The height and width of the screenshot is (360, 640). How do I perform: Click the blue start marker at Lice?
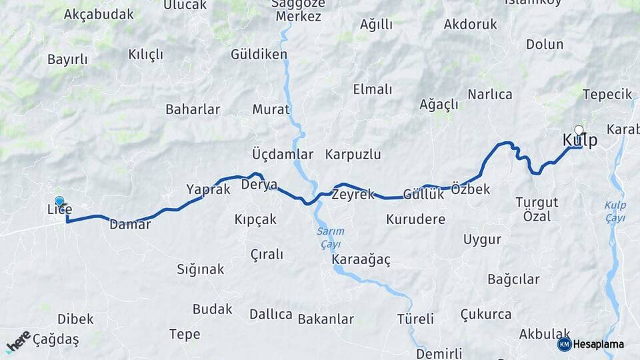point(59,201)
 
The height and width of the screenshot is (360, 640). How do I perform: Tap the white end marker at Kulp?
point(579,131)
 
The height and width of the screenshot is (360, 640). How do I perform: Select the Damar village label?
point(130,225)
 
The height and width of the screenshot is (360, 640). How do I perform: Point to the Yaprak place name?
point(208,189)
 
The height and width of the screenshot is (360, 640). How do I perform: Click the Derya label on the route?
point(259,184)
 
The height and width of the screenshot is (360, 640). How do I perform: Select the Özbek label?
point(470,189)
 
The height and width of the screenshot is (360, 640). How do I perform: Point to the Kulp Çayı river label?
point(615,211)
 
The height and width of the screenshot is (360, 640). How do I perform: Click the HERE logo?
point(18,341)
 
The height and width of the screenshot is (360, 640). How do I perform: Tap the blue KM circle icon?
point(564,344)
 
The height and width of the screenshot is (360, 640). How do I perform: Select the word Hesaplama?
point(599,344)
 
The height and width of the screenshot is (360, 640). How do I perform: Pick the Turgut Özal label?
point(533,209)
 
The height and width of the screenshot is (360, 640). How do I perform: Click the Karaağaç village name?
point(361,259)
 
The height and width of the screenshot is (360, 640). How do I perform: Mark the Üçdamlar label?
point(283,155)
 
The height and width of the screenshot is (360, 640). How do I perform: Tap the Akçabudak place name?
point(99,15)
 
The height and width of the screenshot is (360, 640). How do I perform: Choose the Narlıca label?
point(489,95)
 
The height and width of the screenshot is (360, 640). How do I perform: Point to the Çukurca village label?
point(486,314)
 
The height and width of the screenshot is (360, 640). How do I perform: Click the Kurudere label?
point(415,219)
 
